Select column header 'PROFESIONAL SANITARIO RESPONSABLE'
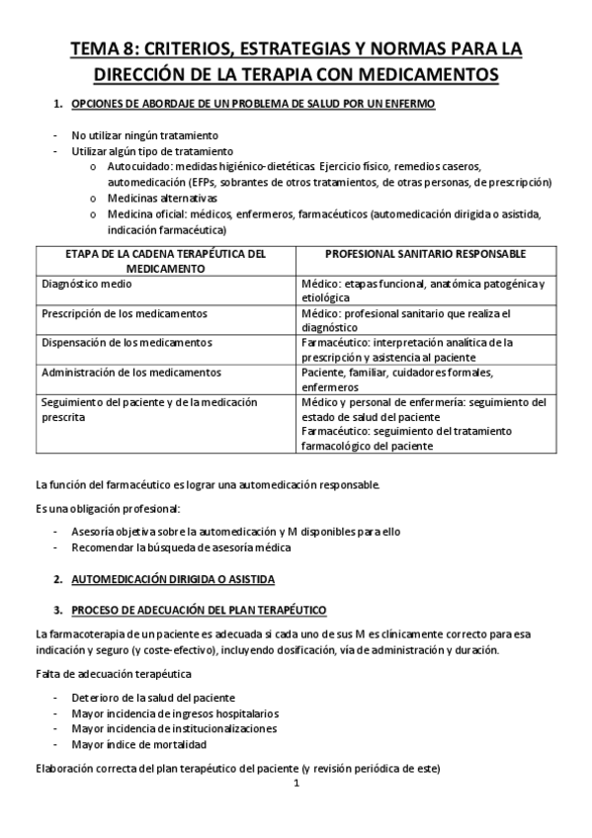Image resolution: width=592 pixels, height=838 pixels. pos(425,254)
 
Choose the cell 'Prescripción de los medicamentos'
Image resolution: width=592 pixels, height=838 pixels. pos(125,313)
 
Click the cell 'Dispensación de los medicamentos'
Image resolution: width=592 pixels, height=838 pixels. pos(127,343)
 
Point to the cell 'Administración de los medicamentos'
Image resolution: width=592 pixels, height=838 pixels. pos(131,373)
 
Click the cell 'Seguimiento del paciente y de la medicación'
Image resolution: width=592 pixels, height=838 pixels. pos(148,402)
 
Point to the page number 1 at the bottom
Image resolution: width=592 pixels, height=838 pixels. pos(296,785)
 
